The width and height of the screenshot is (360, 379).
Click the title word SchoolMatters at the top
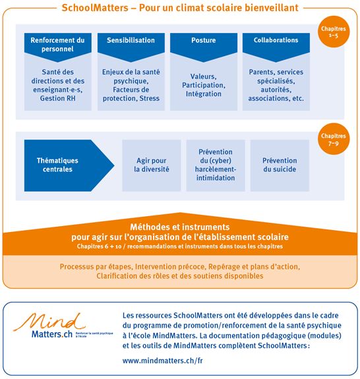point(96,9)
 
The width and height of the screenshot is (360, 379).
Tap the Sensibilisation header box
point(131,41)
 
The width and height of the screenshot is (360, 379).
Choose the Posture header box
point(203,41)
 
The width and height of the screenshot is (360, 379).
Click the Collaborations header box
point(276,41)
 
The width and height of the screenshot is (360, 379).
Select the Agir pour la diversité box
point(151,165)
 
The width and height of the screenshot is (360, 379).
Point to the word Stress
point(149,99)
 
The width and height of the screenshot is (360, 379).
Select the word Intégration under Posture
point(203,94)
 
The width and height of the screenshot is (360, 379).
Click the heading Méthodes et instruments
point(179,225)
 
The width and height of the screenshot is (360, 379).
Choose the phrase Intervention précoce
point(169,266)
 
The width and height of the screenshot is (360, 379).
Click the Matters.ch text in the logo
point(47,335)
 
